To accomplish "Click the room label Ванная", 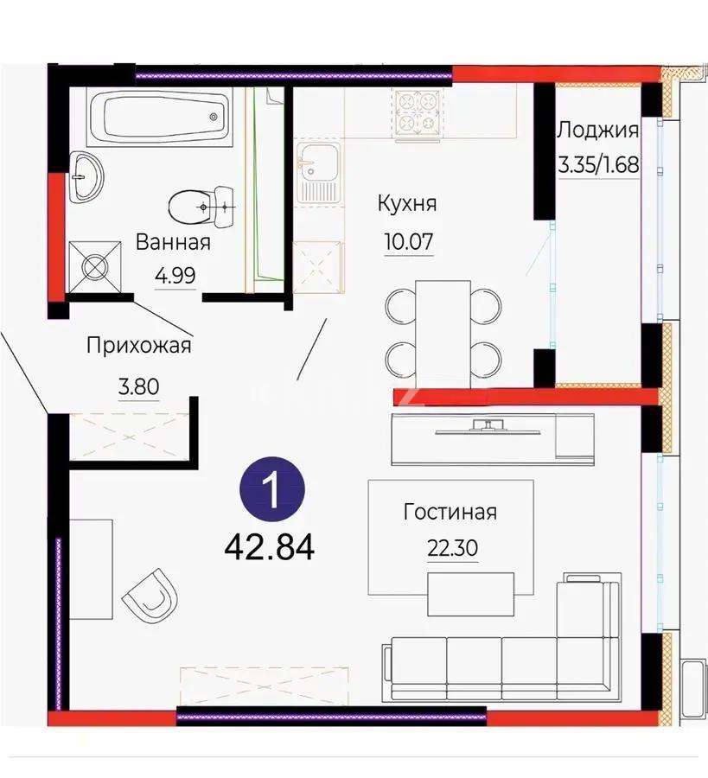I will pos(173,243).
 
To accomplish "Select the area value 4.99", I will pos(175,276).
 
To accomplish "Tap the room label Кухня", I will pos(406,204).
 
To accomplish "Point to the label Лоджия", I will pos(598,131).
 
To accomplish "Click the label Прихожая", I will pos(138,346).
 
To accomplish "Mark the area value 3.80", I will pos(138,386).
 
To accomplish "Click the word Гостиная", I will pos(450,512).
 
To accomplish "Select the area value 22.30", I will pos(450,548).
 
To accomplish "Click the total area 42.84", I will pos(270,546).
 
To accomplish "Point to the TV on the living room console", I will pos(489,426).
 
